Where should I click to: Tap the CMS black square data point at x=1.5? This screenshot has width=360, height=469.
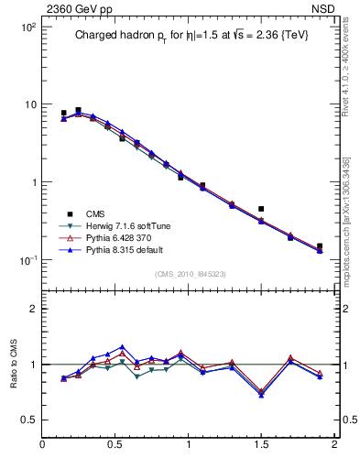(261, 210)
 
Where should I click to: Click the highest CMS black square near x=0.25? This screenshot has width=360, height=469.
(78, 111)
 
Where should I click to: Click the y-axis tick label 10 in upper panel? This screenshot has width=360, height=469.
(29, 104)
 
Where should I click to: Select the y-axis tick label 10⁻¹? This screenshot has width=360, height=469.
(27, 260)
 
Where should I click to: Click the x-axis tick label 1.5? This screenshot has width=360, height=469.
(261, 446)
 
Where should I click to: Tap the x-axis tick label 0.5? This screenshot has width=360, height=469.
(115, 446)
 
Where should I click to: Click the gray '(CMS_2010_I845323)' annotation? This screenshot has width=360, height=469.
(190, 274)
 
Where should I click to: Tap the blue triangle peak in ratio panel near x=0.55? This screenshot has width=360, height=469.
(122, 347)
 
